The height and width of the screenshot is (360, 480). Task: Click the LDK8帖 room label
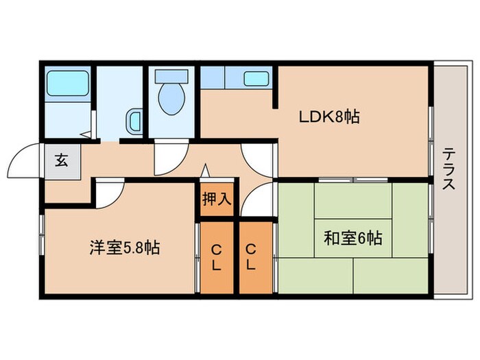[328, 117]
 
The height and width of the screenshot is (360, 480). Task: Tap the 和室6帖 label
[352, 239]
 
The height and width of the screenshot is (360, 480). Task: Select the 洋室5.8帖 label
[124, 248]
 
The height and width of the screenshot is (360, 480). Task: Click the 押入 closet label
[217, 200]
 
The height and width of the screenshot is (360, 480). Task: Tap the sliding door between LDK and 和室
[354, 180]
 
